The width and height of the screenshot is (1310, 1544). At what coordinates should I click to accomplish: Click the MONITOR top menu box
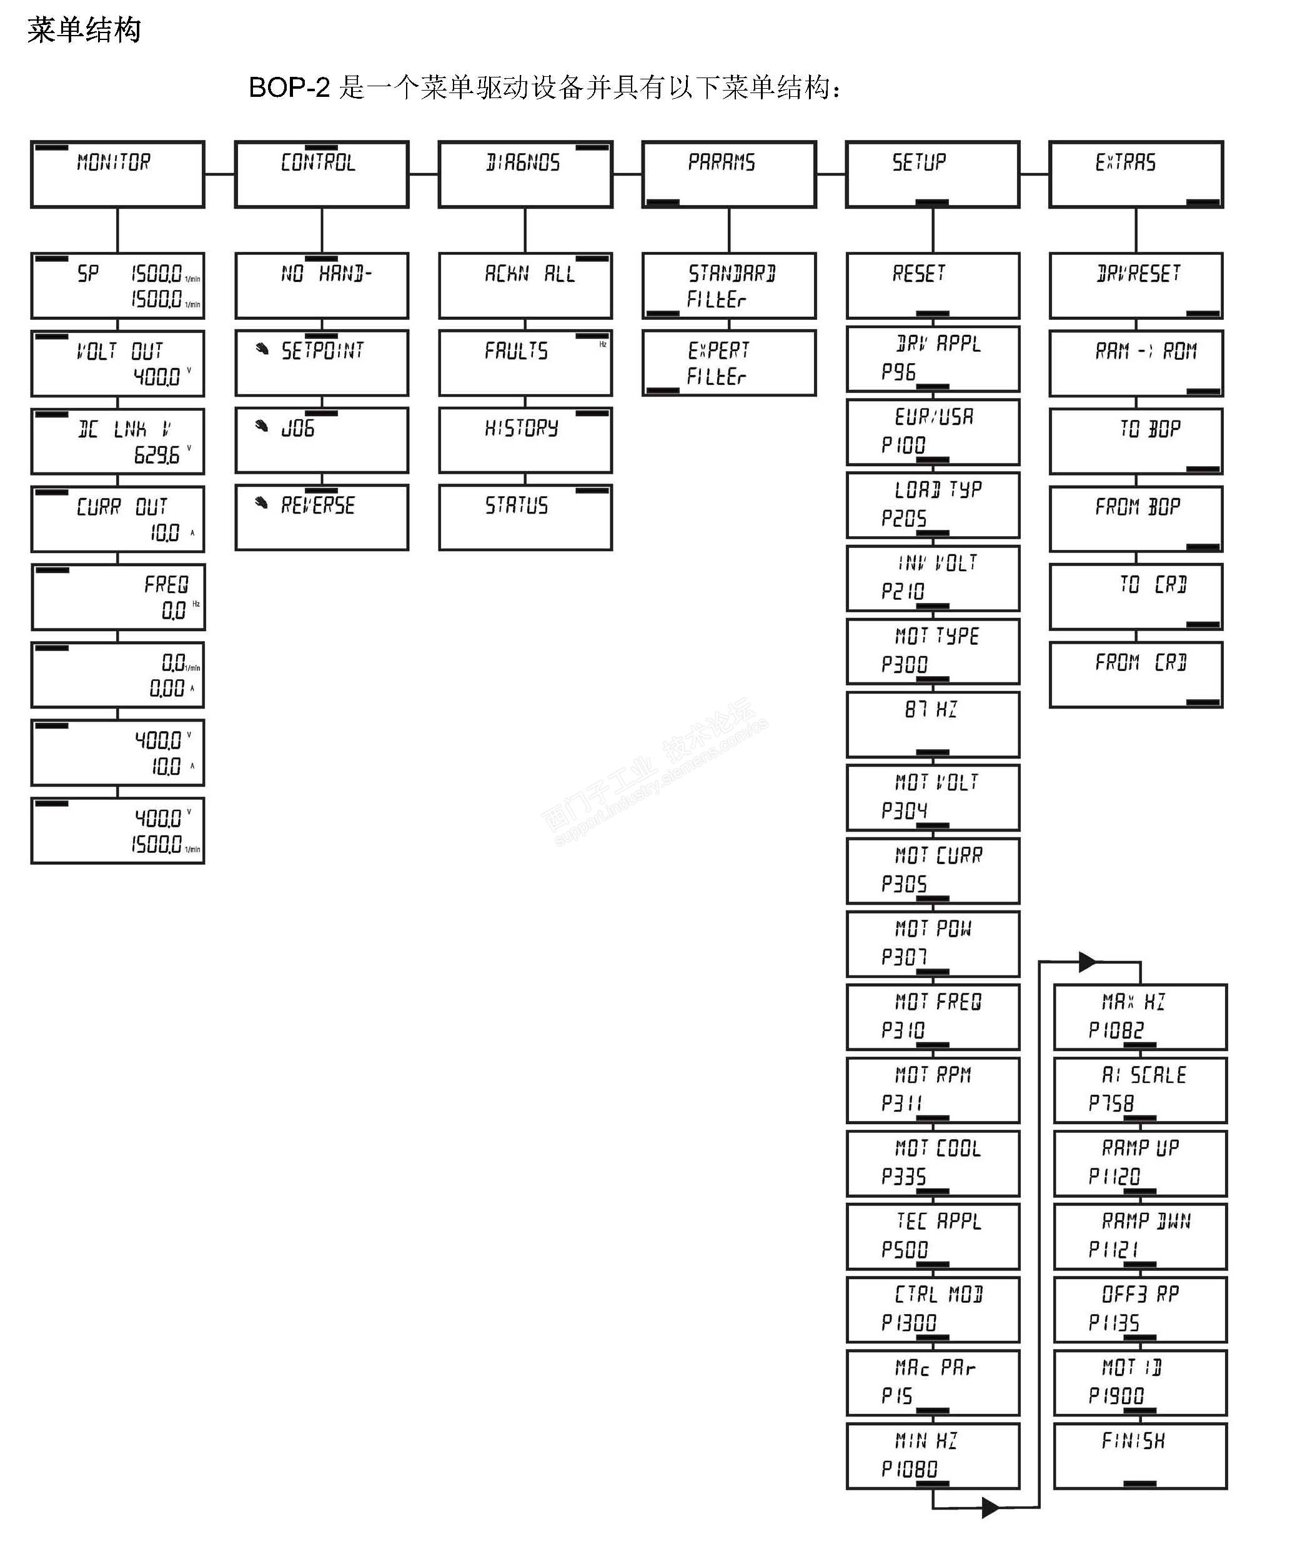117,174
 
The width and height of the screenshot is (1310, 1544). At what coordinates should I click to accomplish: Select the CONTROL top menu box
322,174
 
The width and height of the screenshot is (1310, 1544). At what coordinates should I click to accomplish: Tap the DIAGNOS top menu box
525,174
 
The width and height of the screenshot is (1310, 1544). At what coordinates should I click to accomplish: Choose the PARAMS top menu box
728,174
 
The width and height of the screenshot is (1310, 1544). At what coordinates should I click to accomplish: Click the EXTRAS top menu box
1136,174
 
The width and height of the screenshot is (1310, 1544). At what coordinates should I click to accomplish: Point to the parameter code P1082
1116,1030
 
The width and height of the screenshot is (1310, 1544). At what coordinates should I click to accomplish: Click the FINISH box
1140,1456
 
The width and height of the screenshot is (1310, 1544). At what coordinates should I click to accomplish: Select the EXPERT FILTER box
728,363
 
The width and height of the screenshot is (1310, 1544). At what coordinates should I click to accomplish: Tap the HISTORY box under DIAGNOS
525,441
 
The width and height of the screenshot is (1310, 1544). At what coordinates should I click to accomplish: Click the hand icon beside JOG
261,426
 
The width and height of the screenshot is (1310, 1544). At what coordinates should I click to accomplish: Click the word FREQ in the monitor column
166,584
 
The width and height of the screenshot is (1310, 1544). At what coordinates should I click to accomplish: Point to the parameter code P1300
908,1323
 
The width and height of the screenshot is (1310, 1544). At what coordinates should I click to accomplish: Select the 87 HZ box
933,724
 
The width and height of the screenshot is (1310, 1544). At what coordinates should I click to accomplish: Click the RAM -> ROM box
1136,363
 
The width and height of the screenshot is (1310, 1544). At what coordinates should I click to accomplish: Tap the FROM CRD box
1136,674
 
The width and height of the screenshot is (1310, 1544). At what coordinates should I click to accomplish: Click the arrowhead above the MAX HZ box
1087,962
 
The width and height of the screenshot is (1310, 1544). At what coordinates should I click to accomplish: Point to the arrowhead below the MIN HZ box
990,1508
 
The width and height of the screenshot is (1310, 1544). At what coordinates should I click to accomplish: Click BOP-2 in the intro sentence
289,87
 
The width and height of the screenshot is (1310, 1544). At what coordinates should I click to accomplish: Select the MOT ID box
1140,1383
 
